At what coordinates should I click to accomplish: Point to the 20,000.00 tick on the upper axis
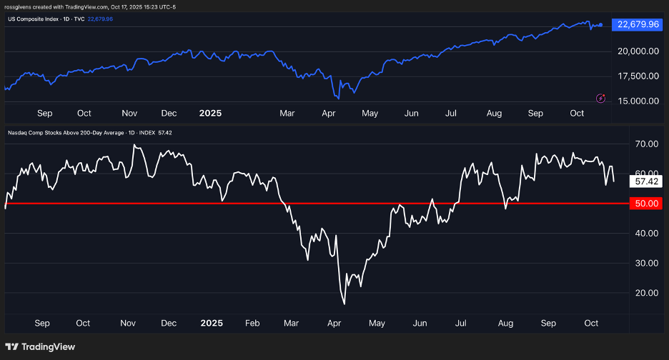pyautogui.click(x=638, y=51)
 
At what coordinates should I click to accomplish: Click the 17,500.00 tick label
pyautogui.click(x=638, y=76)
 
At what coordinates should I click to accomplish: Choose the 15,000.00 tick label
pyautogui.click(x=638, y=101)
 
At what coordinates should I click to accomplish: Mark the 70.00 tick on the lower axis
pyautogui.click(x=647, y=144)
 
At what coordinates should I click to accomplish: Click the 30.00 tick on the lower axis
pyautogui.click(x=647, y=263)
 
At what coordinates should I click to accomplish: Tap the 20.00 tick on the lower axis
pyautogui.click(x=647, y=293)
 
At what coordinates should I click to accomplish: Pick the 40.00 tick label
pyautogui.click(x=647, y=234)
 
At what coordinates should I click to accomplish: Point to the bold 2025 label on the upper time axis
pyautogui.click(x=210, y=113)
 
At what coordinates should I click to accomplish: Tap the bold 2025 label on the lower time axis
pyautogui.click(x=211, y=323)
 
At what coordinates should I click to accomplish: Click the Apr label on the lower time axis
pyautogui.click(x=334, y=323)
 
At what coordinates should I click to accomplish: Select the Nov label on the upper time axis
pyautogui.click(x=129, y=113)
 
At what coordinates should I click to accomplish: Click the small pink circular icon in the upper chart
pyautogui.click(x=600, y=97)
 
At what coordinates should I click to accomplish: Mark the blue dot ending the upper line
pyautogui.click(x=600, y=25)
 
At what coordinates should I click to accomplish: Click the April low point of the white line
pyautogui.click(x=345, y=304)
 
